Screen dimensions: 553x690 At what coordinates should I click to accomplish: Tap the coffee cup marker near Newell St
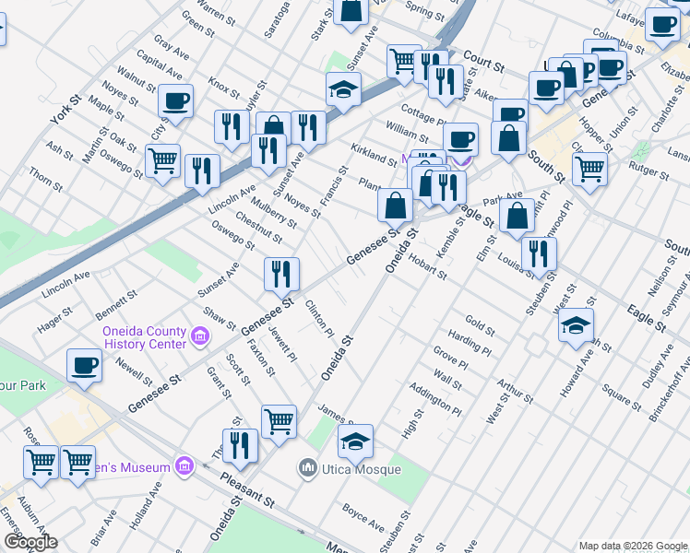click(x=84, y=366)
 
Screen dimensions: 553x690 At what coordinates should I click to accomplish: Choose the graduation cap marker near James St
click(x=355, y=441)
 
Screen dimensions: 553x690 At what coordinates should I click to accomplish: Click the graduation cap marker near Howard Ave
click(x=576, y=325)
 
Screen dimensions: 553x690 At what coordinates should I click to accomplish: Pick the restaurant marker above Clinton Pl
click(x=281, y=274)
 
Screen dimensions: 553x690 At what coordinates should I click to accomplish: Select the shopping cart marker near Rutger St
click(x=589, y=168)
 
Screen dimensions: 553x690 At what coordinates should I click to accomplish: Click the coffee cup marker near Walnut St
click(x=175, y=101)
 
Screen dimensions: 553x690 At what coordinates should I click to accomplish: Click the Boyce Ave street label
click(x=363, y=516)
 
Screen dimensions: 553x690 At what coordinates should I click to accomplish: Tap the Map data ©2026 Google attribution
click(x=632, y=546)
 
